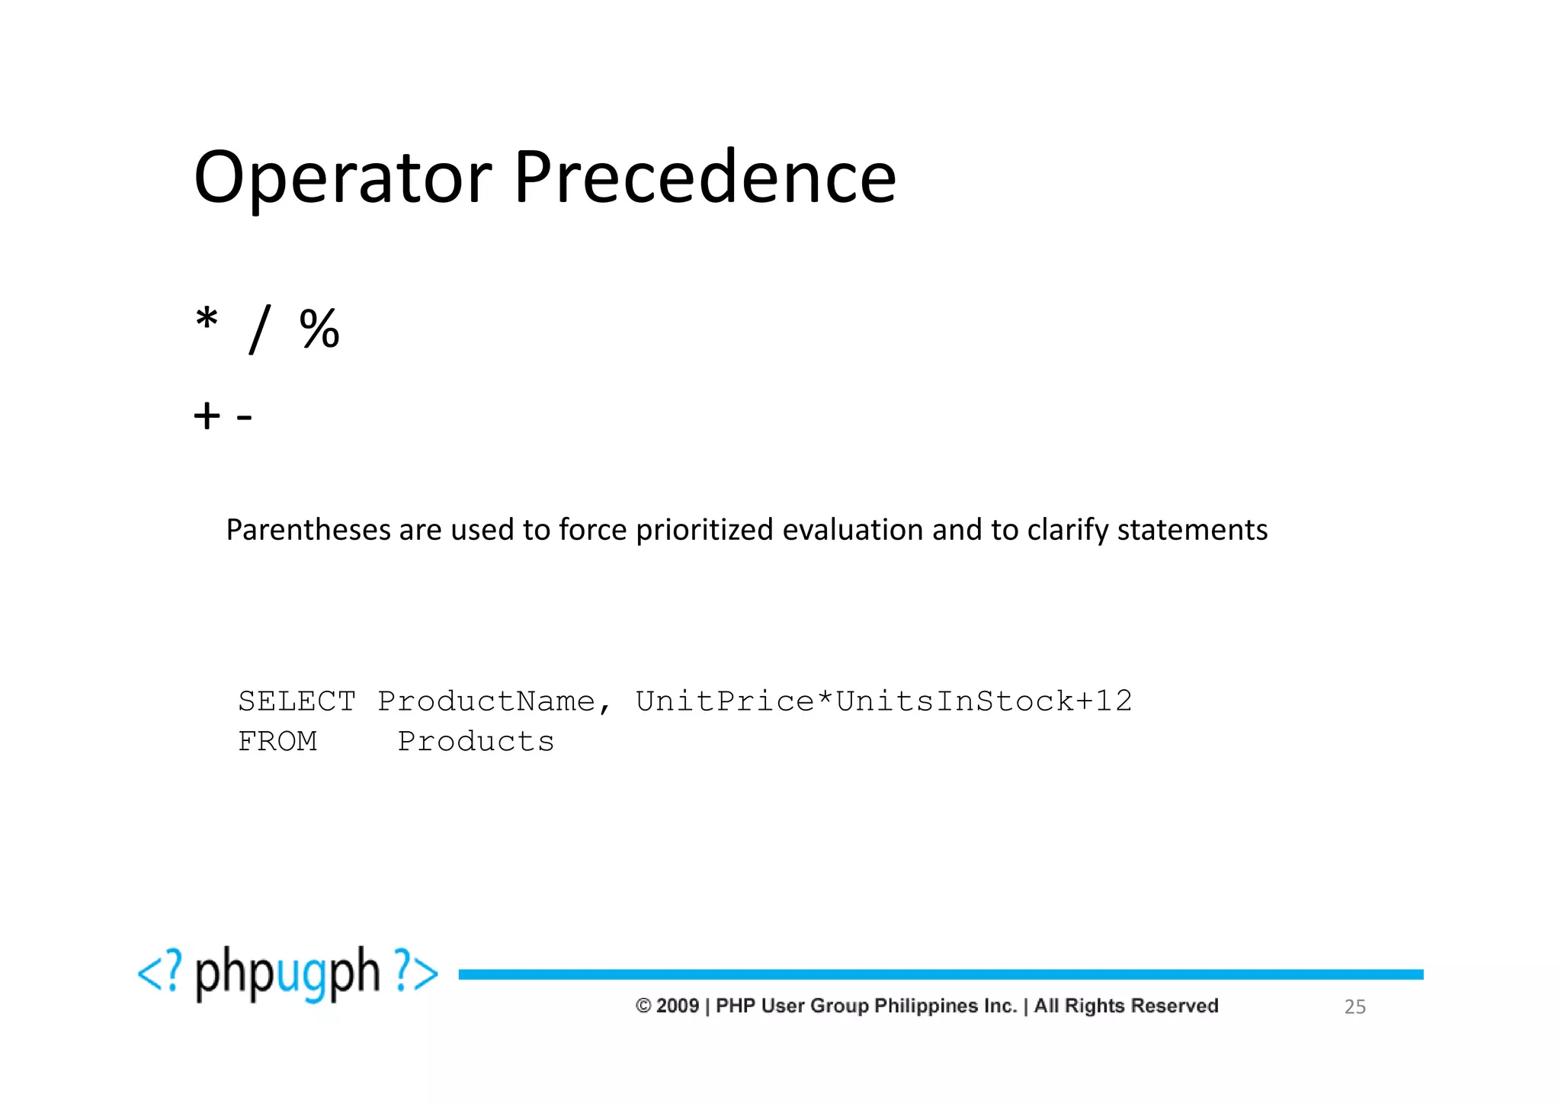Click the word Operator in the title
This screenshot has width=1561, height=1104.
pos(343,178)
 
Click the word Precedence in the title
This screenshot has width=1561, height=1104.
pos(704,178)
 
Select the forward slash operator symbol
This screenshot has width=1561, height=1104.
pos(259,329)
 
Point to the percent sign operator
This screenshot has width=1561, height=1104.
pos(319,329)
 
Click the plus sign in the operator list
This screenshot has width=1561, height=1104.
pos(207,416)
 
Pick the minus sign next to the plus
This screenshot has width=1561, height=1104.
pos(244,417)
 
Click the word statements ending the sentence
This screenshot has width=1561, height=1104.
pos(1192,530)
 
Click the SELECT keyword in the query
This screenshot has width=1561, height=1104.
pos(296,701)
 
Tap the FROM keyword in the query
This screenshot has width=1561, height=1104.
pos(277,742)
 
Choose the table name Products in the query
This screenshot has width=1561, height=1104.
pos(476,742)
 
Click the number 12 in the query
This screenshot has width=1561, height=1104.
pos(1114,701)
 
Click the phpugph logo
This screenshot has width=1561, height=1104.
pos(287,974)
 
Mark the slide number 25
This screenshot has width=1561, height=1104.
pos(1354,1007)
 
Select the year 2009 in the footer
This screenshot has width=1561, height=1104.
pos(677,1006)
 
